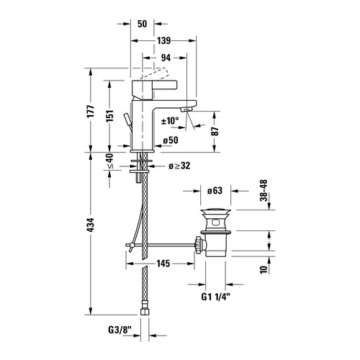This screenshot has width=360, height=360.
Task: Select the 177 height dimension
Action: coord(90,114)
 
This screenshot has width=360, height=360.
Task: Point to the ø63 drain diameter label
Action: coord(215,192)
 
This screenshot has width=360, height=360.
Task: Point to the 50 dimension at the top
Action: coord(143,23)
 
